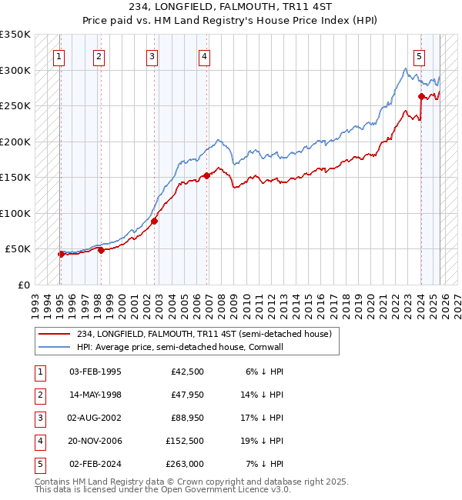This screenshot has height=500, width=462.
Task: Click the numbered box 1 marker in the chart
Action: tap(59, 55)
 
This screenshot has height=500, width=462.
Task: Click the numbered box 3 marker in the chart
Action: tap(152, 55)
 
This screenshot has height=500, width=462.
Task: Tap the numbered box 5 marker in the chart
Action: tap(419, 55)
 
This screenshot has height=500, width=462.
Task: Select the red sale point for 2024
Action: tap(421, 96)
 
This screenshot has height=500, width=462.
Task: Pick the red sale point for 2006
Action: tap(207, 175)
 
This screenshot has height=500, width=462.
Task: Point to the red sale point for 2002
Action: tap(155, 222)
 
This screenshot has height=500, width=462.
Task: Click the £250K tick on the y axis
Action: tap(15, 106)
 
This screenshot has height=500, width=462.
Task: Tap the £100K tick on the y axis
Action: tap(15, 214)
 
